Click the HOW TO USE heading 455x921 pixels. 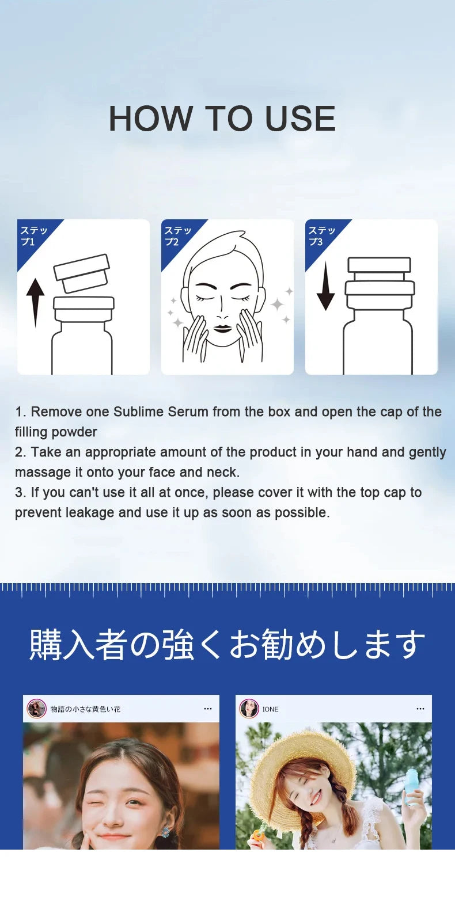(222, 119)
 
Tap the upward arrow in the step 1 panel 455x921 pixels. (35, 303)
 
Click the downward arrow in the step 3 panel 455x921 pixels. (325, 286)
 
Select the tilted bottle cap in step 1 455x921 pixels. (82, 273)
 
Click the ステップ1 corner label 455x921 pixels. (34, 236)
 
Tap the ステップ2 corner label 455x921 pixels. (178, 236)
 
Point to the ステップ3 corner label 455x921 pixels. (322, 236)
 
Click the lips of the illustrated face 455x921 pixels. (222, 329)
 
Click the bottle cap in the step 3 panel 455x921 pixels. (380, 282)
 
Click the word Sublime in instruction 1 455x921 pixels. (138, 412)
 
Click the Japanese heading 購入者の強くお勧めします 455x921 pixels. (227, 644)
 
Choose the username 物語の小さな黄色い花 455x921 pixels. (86, 709)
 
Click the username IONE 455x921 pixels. (270, 709)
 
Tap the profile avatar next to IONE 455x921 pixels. (249, 709)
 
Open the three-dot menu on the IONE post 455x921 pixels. (420, 709)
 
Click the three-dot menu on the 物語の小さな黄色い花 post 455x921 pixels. (208, 709)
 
